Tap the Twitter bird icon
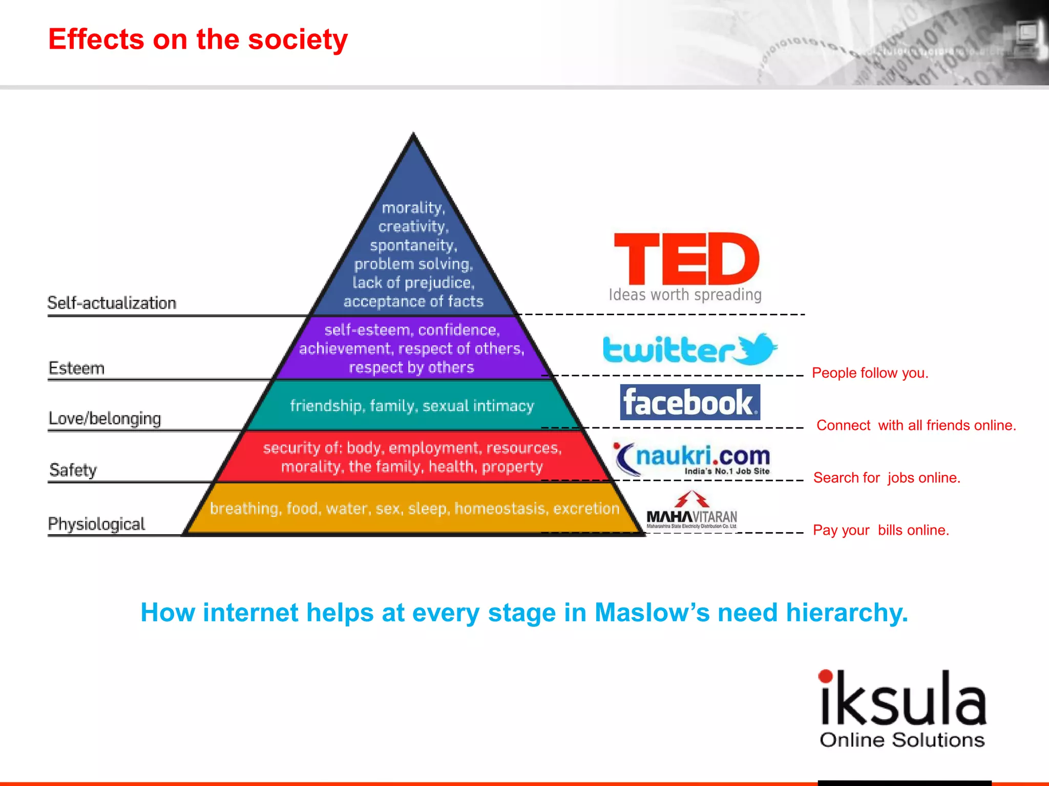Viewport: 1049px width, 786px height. (x=757, y=348)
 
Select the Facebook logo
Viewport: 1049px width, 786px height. (x=689, y=402)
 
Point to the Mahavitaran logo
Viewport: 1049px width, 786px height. (x=691, y=511)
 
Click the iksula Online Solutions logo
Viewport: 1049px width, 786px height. (x=903, y=709)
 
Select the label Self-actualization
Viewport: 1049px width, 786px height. (x=112, y=303)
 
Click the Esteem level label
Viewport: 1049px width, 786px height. (x=76, y=368)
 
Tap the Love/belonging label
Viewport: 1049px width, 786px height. (x=104, y=419)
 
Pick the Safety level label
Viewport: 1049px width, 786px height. (x=73, y=470)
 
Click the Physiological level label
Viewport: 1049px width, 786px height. (x=96, y=524)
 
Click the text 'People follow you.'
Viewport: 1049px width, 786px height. (x=870, y=373)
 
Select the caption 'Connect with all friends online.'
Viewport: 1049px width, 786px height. (x=916, y=425)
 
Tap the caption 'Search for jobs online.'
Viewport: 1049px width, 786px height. (x=887, y=478)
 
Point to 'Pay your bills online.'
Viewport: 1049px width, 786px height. (x=881, y=530)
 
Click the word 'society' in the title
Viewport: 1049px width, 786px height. (x=298, y=40)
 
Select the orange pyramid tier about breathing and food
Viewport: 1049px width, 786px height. (x=414, y=509)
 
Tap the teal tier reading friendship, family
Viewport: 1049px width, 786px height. (x=412, y=406)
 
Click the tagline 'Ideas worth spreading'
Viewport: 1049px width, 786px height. (x=685, y=295)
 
